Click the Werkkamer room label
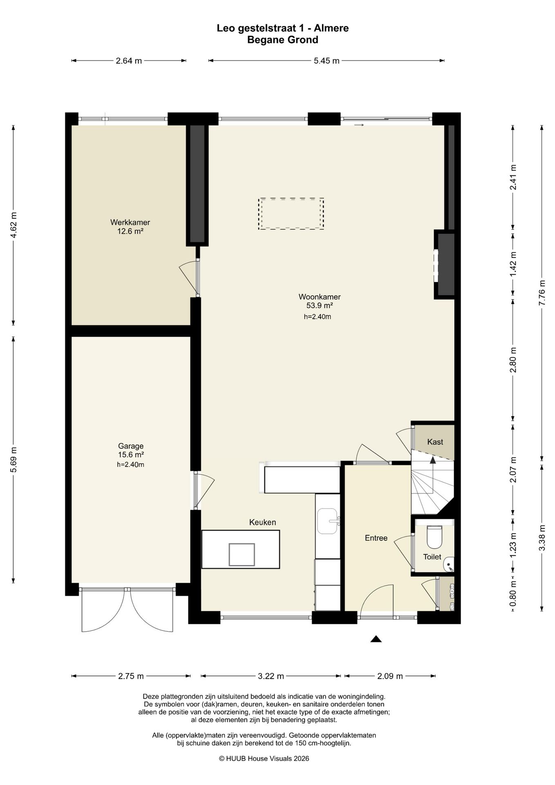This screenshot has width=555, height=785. coord(130,222)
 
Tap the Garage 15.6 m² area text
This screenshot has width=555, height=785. coord(131,455)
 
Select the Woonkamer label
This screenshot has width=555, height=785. coord(320,297)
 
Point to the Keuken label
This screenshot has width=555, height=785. coord(263,522)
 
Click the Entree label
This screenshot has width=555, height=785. coord(376,538)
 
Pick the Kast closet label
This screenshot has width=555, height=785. coord(435,442)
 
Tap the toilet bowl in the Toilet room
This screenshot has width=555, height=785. coord(434,536)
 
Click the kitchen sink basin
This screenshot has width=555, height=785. coord(328,521)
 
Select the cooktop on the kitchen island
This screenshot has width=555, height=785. coord(242,554)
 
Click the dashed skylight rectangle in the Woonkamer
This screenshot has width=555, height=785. coord(291,214)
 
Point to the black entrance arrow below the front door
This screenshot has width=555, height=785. coord(376,639)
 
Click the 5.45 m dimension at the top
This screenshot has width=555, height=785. coord(327,61)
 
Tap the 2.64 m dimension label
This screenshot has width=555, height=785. coord(129,61)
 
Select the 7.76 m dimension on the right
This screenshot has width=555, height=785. coord(542,292)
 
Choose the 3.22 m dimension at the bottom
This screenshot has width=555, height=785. coord(271,676)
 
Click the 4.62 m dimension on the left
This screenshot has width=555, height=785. coord(13,225)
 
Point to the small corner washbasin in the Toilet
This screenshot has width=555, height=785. coord(449,565)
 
